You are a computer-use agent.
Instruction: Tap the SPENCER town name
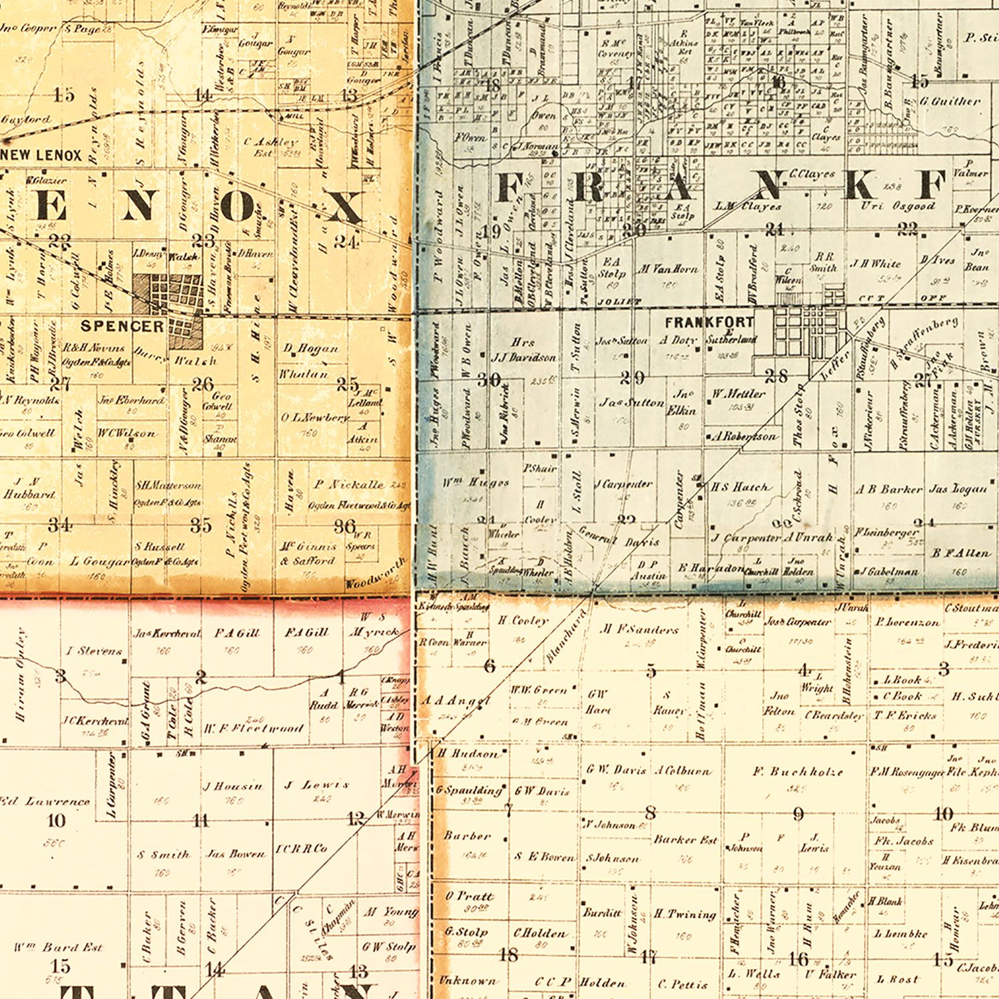123,326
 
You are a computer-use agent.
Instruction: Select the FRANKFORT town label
709,322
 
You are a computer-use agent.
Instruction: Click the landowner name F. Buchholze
797,772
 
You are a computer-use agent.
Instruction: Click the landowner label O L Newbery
314,418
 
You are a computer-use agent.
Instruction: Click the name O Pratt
470,896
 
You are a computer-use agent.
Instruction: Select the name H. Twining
685,914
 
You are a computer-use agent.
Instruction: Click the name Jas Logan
958,489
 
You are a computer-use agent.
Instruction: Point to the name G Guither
950,101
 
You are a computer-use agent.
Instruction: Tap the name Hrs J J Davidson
523,350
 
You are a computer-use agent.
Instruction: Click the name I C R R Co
302,848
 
